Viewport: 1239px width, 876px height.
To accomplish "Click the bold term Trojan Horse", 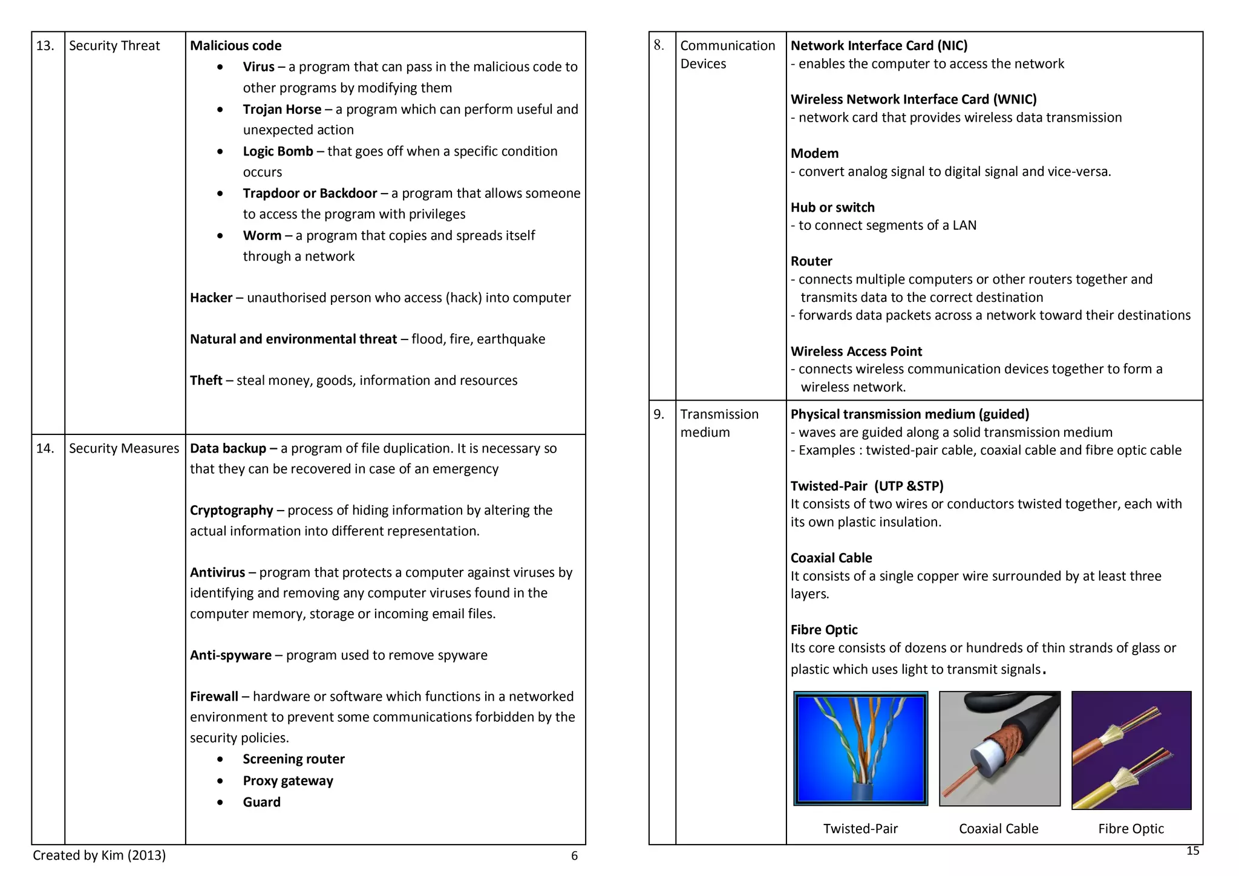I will click(x=282, y=109).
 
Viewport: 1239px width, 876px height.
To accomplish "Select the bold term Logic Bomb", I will click(x=278, y=151).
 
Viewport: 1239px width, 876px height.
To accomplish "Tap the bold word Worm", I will click(x=262, y=235).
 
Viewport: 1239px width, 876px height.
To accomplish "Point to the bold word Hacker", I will click(x=211, y=298).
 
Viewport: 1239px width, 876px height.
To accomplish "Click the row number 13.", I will click(x=45, y=46).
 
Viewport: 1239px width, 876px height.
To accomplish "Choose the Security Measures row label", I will click(x=124, y=448).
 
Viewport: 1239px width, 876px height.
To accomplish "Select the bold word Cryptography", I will click(x=232, y=510).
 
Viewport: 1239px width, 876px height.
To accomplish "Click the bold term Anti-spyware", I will click(x=230, y=655).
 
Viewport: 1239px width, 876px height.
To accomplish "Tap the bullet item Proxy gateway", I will click(x=288, y=780).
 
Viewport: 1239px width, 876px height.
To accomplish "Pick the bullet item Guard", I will click(x=261, y=802).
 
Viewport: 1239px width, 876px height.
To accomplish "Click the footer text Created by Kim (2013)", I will click(x=99, y=855).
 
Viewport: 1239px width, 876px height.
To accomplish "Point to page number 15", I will click(x=1192, y=851).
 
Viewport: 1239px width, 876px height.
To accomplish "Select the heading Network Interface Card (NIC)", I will click(x=879, y=46).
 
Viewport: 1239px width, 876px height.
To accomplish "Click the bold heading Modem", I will click(x=814, y=154).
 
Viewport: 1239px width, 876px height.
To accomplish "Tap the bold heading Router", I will click(x=811, y=261).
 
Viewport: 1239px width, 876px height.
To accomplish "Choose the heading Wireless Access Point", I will click(x=856, y=351).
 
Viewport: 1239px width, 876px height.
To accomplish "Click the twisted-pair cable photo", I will click(x=860, y=748).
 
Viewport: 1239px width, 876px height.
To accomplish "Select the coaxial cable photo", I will click(x=999, y=748).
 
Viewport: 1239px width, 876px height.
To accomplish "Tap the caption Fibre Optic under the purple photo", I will click(x=1131, y=829).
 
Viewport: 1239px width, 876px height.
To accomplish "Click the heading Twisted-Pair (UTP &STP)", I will click(x=867, y=486).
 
